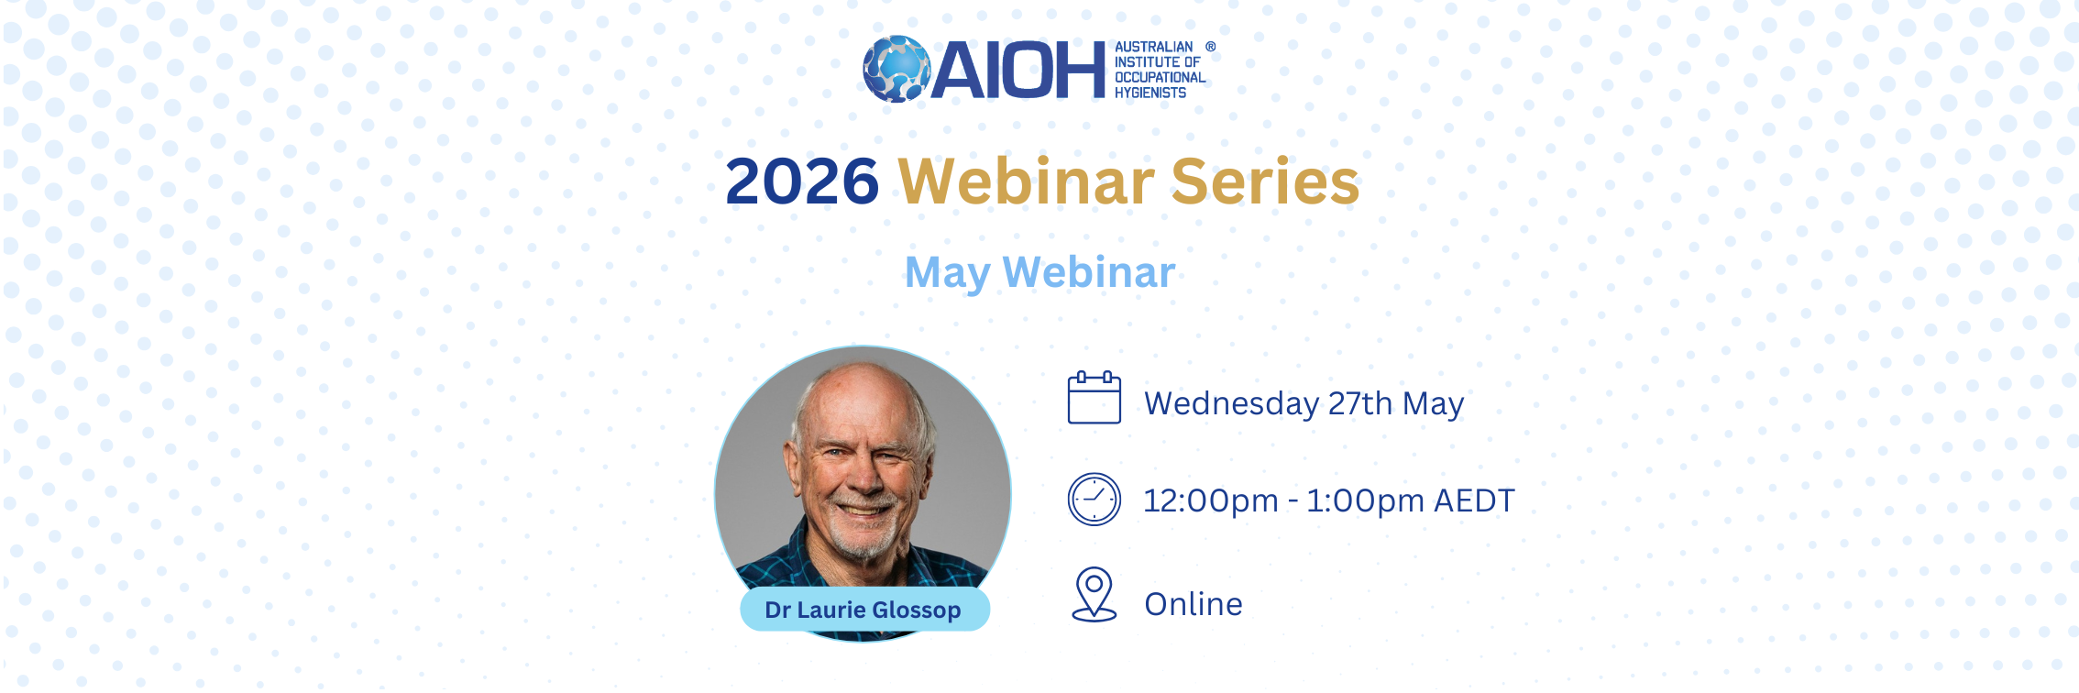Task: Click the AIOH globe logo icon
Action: [x=896, y=69]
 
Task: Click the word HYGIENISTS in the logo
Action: [x=1150, y=93]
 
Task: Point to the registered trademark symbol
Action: [x=1210, y=46]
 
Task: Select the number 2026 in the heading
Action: [x=802, y=181]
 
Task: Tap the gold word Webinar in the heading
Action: [x=1026, y=181]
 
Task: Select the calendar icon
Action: [x=1094, y=398]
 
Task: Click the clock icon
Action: [x=1094, y=500]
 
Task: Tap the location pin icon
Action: [x=1094, y=594]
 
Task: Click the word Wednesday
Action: [x=1232, y=404]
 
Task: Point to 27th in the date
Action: [x=1360, y=403]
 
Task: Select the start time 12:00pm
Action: [x=1211, y=501]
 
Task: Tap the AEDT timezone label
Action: [x=1475, y=501]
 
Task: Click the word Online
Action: [x=1193, y=604]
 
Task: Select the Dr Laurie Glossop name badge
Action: [x=864, y=610]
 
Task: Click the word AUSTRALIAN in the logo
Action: [x=1154, y=47]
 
